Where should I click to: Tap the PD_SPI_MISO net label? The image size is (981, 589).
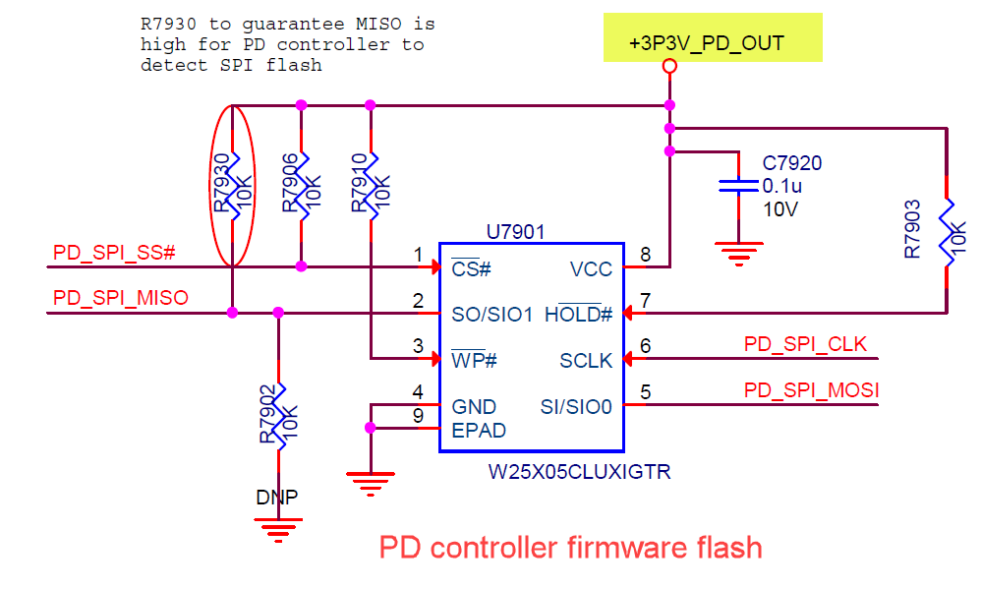pyautogui.click(x=120, y=297)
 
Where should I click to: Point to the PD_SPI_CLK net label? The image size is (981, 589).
pyautogui.click(x=805, y=344)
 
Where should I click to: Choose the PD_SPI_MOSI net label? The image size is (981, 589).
pyautogui.click(x=811, y=390)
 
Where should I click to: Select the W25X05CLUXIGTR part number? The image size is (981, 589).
pyautogui.click(x=580, y=472)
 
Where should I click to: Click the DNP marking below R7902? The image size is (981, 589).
pyautogui.click(x=277, y=497)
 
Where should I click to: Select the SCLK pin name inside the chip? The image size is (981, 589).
pyautogui.click(x=586, y=361)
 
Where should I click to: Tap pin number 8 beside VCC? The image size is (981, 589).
pyautogui.click(x=645, y=256)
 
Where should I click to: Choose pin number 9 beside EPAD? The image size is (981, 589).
pyautogui.click(x=418, y=416)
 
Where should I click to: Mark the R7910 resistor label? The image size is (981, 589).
pyautogui.click(x=361, y=182)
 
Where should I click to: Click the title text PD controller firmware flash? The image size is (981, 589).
pyautogui.click(x=570, y=547)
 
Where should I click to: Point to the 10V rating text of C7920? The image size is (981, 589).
pyautogui.click(x=779, y=209)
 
